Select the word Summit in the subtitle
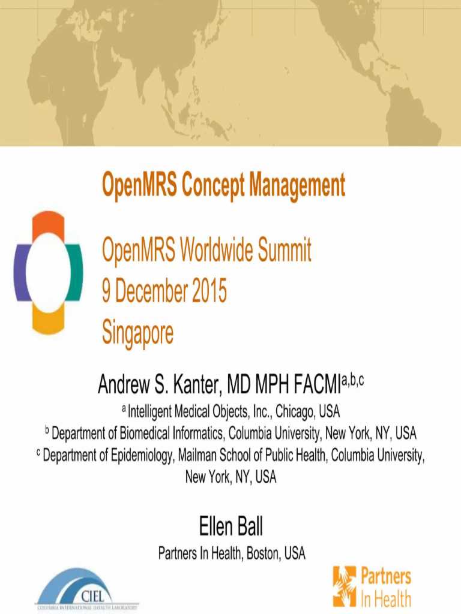pyautogui.click(x=285, y=250)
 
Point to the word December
pyautogui.click(x=151, y=291)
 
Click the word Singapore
pyautogui.click(x=137, y=332)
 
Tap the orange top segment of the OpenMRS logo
pyautogui.click(x=48, y=225)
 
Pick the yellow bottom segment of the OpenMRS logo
pyautogui.click(x=48, y=320)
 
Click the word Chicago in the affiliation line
pyautogui.click(x=294, y=412)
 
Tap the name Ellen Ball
pyautogui.click(x=230, y=527)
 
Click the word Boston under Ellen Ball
pyautogui.click(x=262, y=553)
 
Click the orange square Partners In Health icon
pyautogui.click(x=345, y=586)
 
